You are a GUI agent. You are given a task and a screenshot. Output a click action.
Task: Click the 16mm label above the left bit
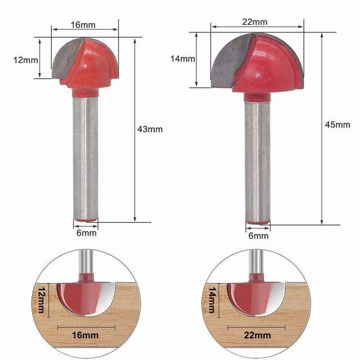click(83, 25)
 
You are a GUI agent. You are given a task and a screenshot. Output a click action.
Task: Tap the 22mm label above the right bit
click(255, 22)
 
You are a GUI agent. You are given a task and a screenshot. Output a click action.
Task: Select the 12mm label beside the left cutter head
click(26, 60)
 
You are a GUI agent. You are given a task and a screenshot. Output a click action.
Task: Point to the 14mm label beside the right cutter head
click(183, 58)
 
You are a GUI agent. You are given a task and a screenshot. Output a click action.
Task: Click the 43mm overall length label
click(150, 129)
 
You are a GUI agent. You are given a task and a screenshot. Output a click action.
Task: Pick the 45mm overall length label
click(337, 125)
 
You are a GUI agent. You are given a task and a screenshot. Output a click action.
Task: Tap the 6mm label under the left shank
click(86, 233)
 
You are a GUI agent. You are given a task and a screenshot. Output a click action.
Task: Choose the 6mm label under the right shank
click(258, 236)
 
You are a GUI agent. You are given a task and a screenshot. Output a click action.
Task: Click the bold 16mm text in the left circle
click(85, 335)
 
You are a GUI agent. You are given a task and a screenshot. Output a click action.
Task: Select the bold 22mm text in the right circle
click(258, 335)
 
